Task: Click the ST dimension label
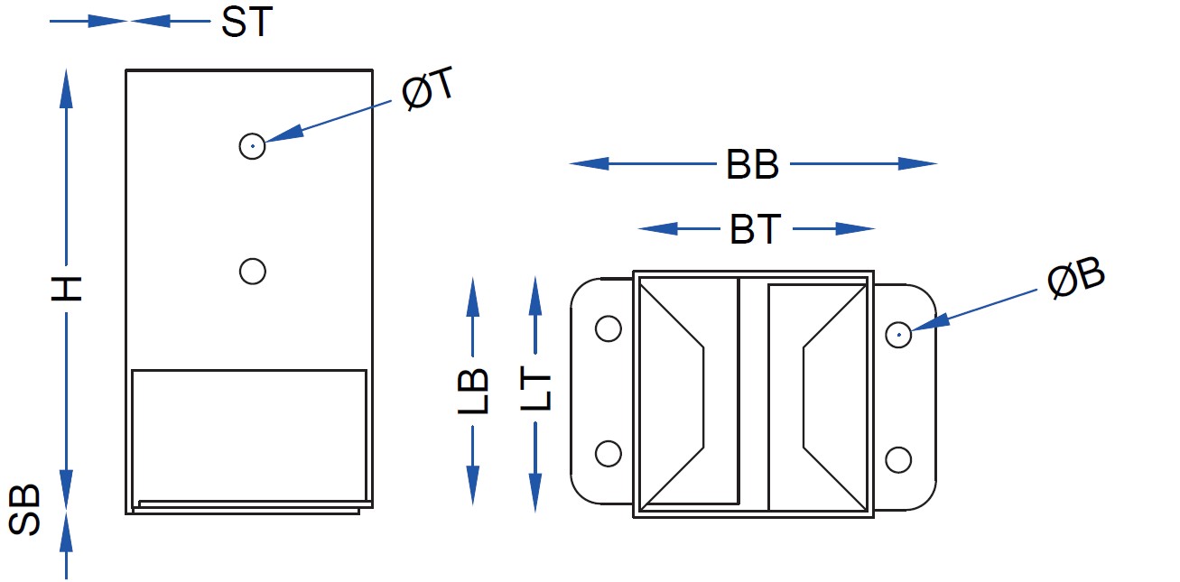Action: point(246,22)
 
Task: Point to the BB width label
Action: point(752,164)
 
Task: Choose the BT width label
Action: point(754,229)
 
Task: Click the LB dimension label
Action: point(473,392)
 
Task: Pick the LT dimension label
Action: point(536,393)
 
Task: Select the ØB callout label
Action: point(1076,280)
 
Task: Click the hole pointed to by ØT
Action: point(253,145)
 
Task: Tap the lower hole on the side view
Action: point(253,270)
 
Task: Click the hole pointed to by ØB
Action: point(897,335)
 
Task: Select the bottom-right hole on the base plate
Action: point(897,459)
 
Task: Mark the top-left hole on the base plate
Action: point(609,328)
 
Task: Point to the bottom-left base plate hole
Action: point(609,453)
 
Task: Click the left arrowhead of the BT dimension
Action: point(657,229)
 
